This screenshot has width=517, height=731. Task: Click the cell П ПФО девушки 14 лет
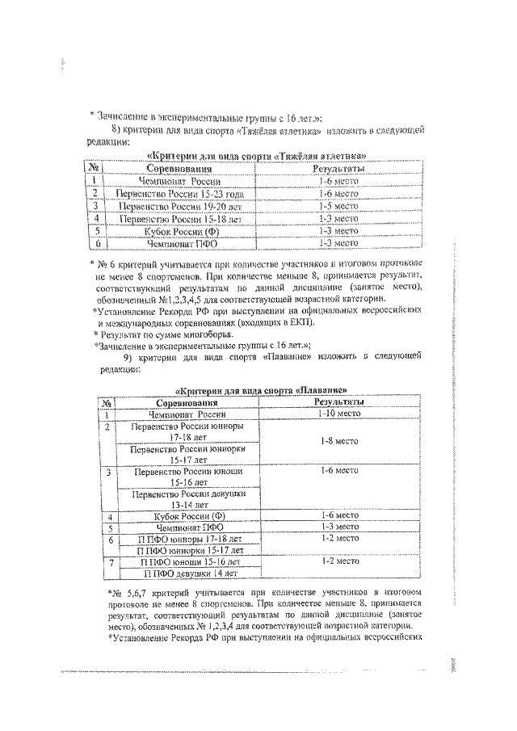click(190, 573)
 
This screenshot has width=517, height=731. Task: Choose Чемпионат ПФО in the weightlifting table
click(179, 242)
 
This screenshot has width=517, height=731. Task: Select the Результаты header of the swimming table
click(339, 401)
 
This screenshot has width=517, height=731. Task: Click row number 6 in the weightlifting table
click(96, 242)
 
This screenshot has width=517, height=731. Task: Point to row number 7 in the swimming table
click(108, 561)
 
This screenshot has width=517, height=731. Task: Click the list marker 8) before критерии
click(116, 130)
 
